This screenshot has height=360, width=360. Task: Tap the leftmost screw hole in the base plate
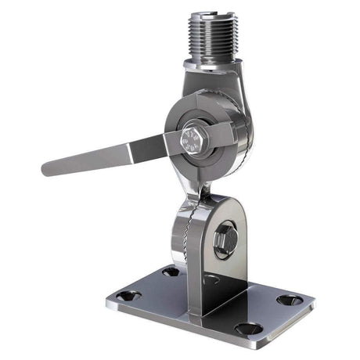click(x=128, y=296)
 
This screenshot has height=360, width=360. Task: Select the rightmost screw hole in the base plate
click(x=290, y=300)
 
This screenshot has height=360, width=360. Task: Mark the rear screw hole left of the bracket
click(x=171, y=272)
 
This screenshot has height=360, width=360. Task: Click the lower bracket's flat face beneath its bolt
click(x=227, y=270)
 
